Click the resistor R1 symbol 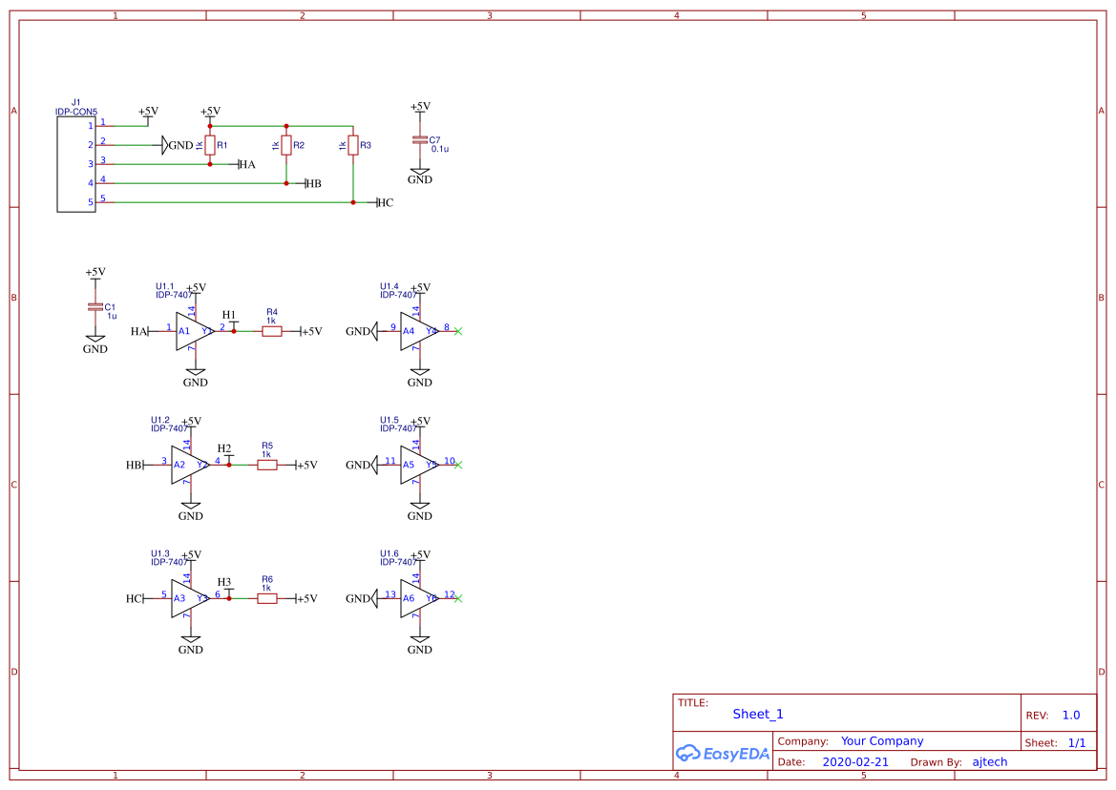tap(210, 145)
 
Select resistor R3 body tap(353, 145)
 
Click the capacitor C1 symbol tap(95, 306)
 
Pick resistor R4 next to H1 tap(271, 331)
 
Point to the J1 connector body tap(76, 163)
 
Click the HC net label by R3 tap(385, 202)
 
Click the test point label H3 tap(224, 582)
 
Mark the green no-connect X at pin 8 tap(458, 331)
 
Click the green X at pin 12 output tap(458, 598)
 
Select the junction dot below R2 tap(286, 183)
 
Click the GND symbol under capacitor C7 tap(420, 176)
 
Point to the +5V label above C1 tap(95, 272)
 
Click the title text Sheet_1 tap(758, 714)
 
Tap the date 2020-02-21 tap(854, 762)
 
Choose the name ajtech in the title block tap(989, 762)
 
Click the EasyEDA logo tap(722, 754)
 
